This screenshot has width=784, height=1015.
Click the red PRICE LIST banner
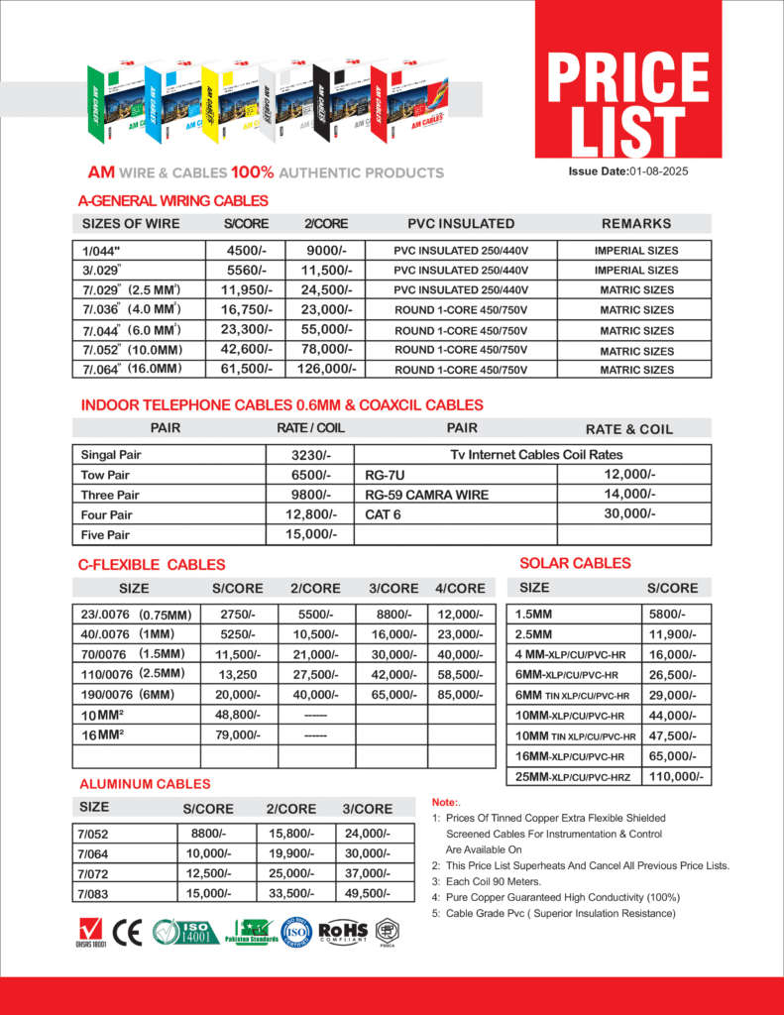(628, 95)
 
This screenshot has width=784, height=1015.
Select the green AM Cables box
(115, 104)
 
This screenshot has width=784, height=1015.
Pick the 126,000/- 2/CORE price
(325, 369)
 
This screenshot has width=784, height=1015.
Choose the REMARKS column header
(635, 224)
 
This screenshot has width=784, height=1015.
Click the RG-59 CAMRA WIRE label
(426, 495)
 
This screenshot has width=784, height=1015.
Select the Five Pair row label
(105, 535)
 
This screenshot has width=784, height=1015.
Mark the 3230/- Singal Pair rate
(309, 454)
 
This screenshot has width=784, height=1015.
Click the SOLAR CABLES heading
(575, 563)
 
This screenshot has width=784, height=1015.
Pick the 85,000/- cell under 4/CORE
(460, 695)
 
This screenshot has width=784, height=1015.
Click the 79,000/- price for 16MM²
(238, 735)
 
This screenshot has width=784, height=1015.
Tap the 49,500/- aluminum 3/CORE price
(367, 893)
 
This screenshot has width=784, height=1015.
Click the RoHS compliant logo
(343, 932)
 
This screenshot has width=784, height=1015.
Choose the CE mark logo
(127, 933)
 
